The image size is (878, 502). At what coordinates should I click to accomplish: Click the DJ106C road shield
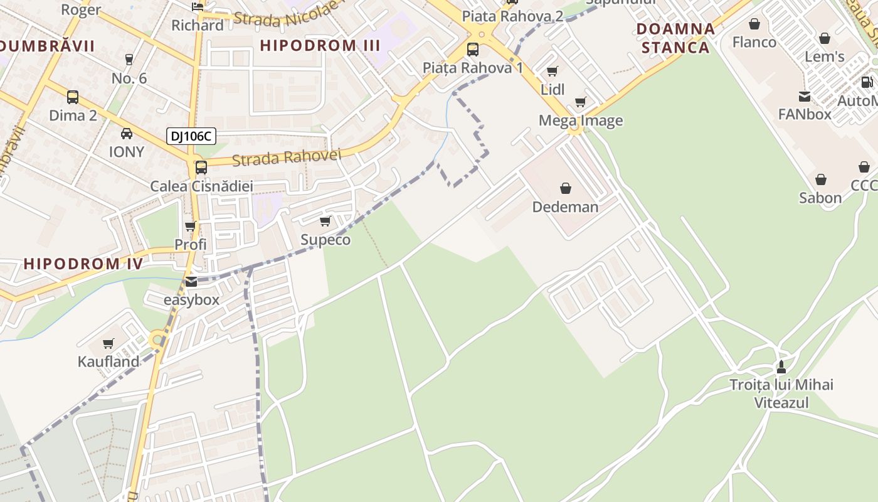[191, 136]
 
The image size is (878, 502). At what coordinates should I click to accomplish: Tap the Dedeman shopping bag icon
[566, 188]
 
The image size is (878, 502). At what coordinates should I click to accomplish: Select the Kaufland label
[108, 361]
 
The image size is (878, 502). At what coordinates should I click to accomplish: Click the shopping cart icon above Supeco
[325, 221]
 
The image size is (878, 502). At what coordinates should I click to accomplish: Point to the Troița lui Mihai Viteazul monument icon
[781, 366]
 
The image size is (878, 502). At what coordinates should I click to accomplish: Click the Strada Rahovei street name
[286, 158]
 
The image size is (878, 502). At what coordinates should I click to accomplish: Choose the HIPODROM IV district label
[83, 264]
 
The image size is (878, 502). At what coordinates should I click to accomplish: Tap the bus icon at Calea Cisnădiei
[201, 168]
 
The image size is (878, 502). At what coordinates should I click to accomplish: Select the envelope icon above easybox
[191, 281]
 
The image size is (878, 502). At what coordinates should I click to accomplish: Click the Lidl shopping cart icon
[552, 71]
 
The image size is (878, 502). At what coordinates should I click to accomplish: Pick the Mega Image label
[581, 120]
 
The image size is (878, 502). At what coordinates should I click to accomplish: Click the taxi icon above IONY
[127, 133]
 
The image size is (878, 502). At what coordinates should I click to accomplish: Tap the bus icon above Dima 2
[73, 97]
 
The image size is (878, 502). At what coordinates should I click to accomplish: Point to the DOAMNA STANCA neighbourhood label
[675, 38]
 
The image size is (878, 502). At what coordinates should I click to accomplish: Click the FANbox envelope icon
[804, 96]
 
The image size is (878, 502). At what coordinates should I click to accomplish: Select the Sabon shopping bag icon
[820, 179]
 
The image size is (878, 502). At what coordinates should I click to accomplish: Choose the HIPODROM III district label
[320, 45]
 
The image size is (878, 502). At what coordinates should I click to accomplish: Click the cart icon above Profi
[190, 226]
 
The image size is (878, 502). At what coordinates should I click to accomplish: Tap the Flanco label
[754, 42]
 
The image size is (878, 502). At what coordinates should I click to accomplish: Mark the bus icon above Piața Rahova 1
[473, 49]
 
